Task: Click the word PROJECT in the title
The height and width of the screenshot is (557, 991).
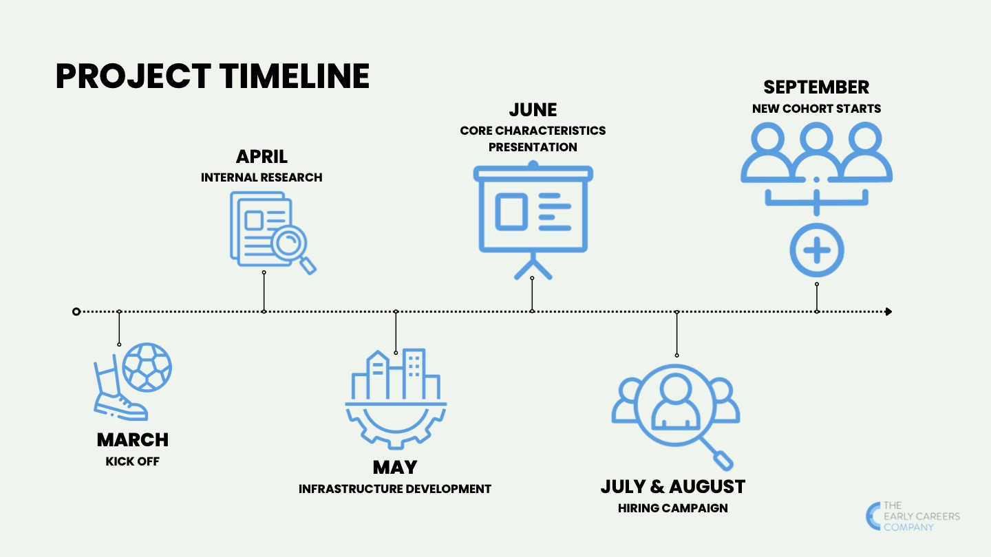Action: coord(134,76)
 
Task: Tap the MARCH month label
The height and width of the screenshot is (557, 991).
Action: coord(133,440)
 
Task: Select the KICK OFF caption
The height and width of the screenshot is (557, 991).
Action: coord(132,461)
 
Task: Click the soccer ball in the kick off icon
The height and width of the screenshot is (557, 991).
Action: coord(147,367)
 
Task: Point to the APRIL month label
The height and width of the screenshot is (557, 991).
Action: coord(262,157)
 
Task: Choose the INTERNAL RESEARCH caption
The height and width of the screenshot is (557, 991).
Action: coord(262,177)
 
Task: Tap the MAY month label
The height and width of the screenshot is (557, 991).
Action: coord(395,468)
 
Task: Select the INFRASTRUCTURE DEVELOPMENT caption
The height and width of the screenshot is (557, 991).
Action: coord(394,489)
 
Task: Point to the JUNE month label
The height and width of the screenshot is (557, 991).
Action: coord(533,109)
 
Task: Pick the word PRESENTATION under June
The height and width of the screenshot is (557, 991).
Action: coord(533,147)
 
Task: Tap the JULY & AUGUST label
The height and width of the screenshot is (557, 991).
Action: coord(673,487)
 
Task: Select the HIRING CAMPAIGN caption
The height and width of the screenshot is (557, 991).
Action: coord(673,508)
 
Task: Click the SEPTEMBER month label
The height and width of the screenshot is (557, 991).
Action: coord(816,87)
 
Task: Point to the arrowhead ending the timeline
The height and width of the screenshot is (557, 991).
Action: coord(888,312)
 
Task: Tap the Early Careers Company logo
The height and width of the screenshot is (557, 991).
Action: coord(913,516)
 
